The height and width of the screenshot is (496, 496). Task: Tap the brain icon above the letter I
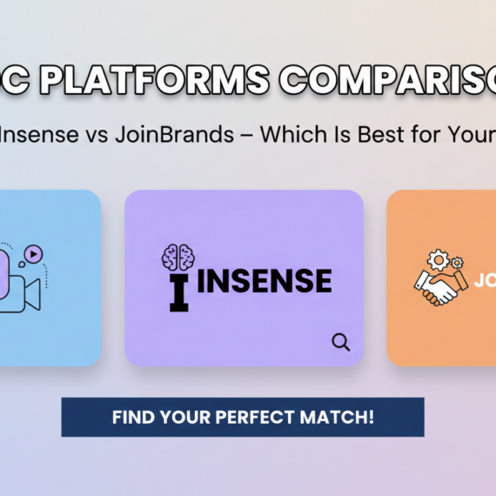click(x=179, y=257)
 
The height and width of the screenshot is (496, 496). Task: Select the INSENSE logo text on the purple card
click(x=266, y=281)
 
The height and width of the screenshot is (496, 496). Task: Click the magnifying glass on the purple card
click(x=340, y=342)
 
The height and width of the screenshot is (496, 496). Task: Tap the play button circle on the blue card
click(x=32, y=254)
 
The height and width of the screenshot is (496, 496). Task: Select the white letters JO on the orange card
click(x=485, y=281)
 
